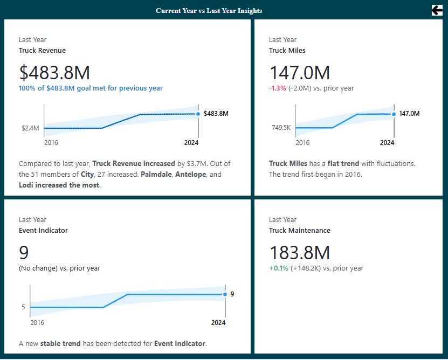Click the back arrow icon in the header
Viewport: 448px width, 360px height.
(x=437, y=10)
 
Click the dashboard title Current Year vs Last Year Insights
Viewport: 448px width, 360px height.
(x=209, y=11)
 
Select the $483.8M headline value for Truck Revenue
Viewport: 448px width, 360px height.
(x=54, y=73)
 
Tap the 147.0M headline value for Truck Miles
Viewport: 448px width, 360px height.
(x=300, y=73)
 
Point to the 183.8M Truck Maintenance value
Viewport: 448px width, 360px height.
(x=300, y=253)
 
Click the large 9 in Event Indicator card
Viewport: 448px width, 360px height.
(x=24, y=253)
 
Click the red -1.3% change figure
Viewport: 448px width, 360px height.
(x=278, y=88)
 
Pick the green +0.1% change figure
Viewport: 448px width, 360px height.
(x=279, y=268)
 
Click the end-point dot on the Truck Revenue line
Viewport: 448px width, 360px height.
(x=198, y=114)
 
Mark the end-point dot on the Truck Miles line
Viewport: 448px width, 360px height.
(x=394, y=114)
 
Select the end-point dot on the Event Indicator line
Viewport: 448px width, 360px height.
(x=225, y=294)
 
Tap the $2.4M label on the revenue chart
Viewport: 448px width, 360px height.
(x=30, y=128)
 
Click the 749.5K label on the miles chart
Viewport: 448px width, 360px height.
(x=281, y=128)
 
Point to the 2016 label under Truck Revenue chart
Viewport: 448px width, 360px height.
(x=51, y=143)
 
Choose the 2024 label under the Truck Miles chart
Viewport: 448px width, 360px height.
(x=387, y=143)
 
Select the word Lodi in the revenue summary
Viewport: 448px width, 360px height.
(x=27, y=185)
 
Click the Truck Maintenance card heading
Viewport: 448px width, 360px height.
(x=299, y=231)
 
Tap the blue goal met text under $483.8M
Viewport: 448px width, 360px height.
(x=91, y=88)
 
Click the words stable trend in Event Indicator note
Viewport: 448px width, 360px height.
(x=60, y=343)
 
